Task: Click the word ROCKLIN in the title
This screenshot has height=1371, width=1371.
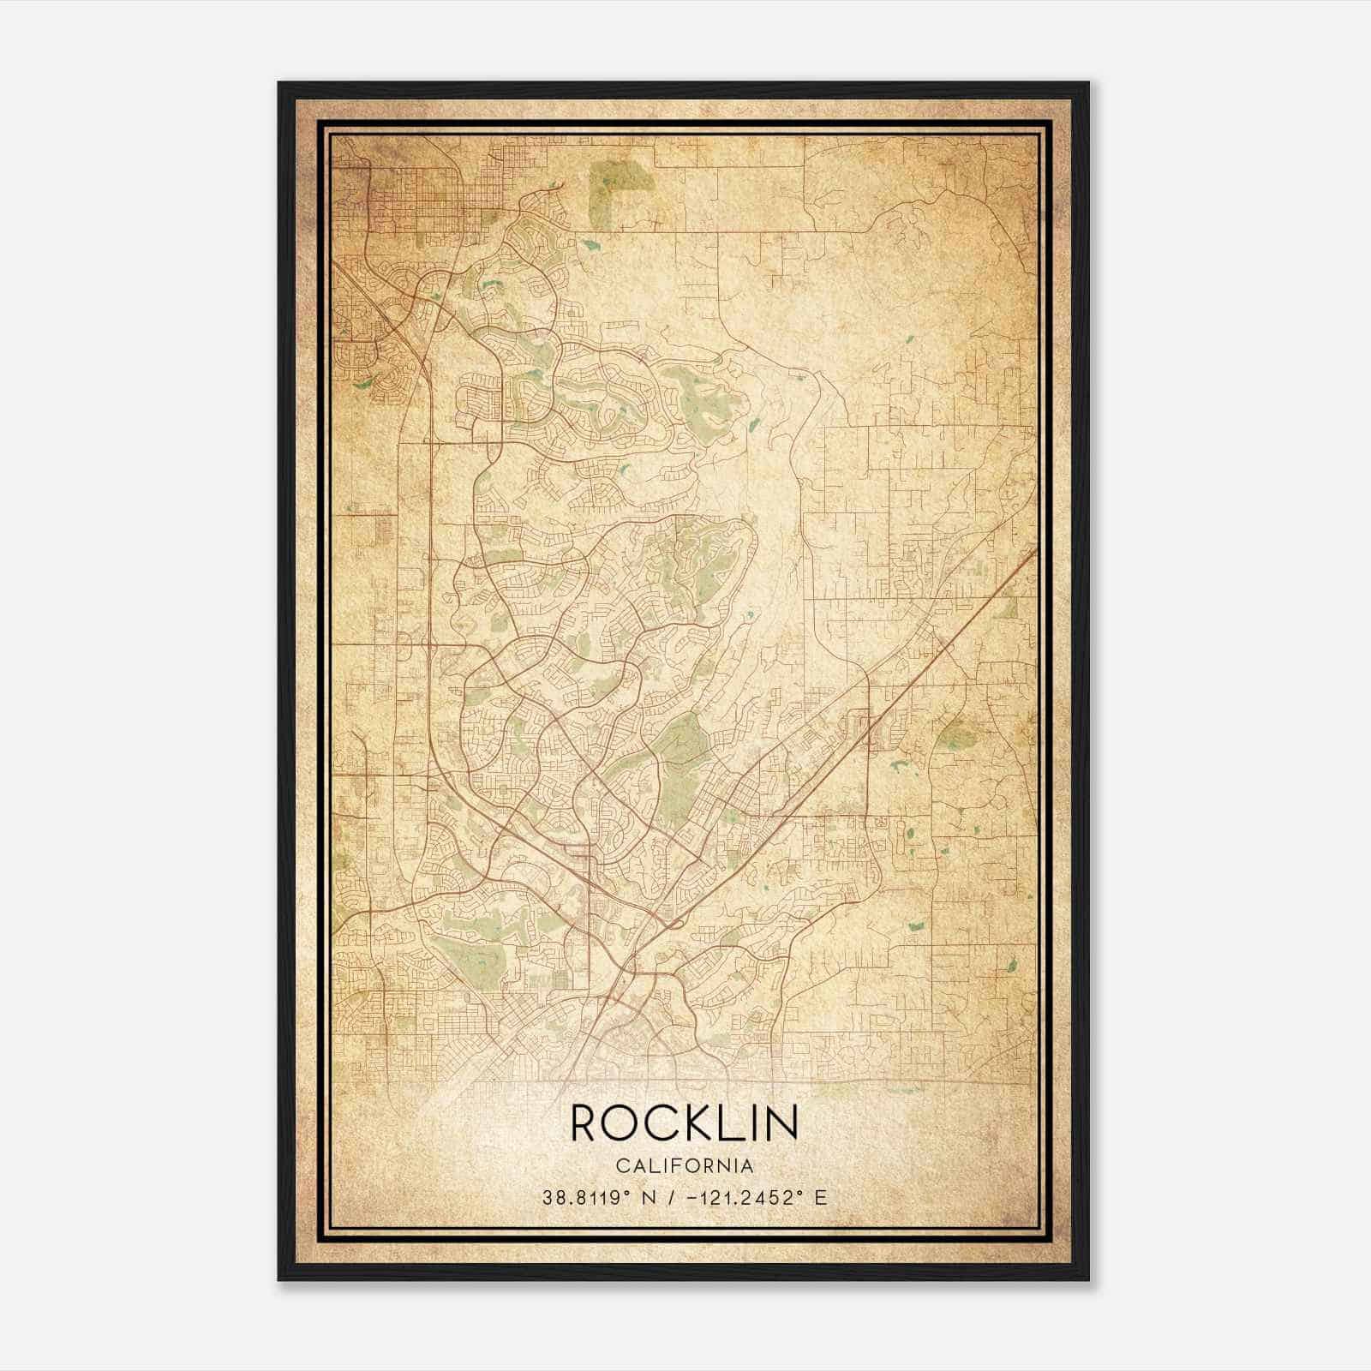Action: pos(684,1122)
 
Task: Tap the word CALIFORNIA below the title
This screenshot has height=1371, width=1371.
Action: pos(684,1166)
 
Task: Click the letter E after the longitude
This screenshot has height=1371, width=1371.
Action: pos(821,1198)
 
